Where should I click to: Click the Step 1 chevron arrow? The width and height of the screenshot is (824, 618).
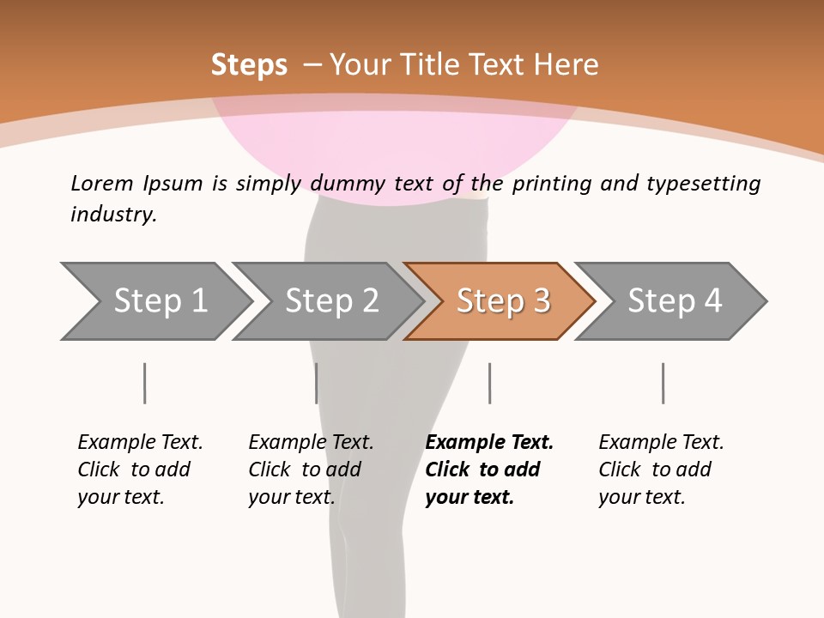tap(160, 301)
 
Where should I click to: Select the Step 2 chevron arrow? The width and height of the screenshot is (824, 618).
tap(331, 301)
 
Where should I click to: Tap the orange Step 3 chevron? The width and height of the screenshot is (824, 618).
tap(503, 301)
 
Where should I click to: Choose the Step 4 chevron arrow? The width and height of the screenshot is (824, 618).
tap(675, 301)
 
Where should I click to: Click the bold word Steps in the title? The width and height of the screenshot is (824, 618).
tap(249, 65)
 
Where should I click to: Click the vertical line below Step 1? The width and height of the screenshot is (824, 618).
tap(145, 383)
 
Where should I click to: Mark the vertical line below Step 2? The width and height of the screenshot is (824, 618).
tap(317, 383)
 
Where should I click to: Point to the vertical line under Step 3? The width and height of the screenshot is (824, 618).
tap(489, 383)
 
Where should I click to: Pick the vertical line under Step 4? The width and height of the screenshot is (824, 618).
tap(663, 383)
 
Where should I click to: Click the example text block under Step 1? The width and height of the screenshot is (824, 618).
tap(140, 470)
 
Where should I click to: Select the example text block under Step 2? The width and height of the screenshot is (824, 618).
tap(311, 470)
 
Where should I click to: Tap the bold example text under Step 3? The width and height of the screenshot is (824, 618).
tap(489, 470)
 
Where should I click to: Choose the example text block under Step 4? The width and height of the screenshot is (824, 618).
tap(661, 470)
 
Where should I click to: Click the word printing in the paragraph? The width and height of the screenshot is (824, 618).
tap(547, 183)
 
